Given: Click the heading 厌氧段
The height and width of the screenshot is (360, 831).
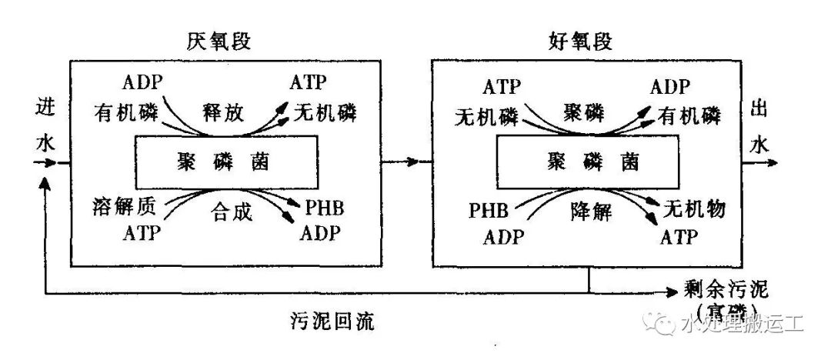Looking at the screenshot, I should (x=219, y=42).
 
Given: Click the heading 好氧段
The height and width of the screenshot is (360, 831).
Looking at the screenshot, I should (x=582, y=42).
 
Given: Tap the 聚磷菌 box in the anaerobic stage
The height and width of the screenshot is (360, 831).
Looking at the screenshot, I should (x=225, y=162).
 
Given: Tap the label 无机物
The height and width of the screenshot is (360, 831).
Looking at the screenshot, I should (x=695, y=208).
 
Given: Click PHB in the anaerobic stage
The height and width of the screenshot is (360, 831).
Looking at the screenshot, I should (x=325, y=208).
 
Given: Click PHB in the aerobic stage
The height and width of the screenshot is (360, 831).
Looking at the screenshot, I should (x=489, y=209).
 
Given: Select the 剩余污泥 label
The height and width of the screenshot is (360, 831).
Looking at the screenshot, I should (x=726, y=292).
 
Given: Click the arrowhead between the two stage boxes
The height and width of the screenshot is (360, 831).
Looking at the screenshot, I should (x=415, y=162).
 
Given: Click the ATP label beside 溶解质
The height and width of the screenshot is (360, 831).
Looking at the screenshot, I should (x=142, y=232).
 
